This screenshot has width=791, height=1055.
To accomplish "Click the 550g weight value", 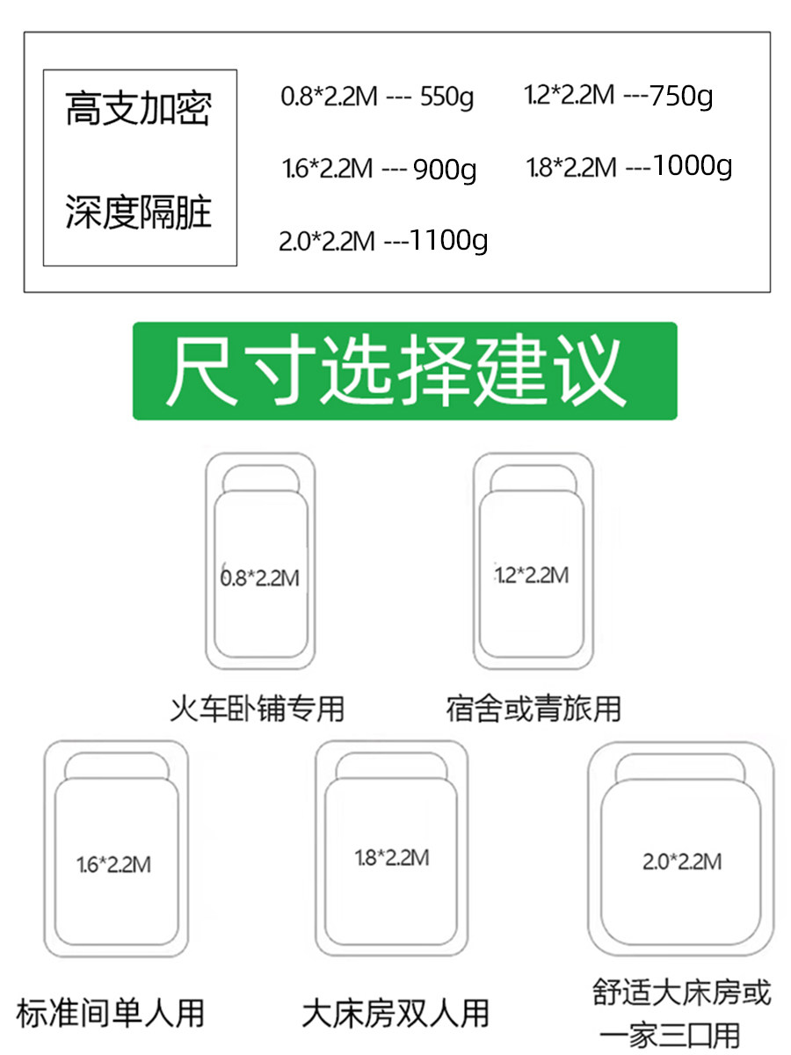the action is pos(446,97).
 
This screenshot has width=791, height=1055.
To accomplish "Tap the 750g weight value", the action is pos(681,95).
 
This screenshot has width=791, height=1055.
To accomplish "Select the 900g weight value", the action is pos(445,169).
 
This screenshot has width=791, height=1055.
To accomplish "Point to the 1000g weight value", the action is pos(693,166).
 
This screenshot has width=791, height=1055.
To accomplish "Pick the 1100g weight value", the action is pos(448,240).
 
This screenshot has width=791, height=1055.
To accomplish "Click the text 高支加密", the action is pos(139,109).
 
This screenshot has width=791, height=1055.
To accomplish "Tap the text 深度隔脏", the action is pos(139,212).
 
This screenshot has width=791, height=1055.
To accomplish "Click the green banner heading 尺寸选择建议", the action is pos(405,371).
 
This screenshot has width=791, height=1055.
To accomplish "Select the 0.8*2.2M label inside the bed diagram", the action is pos(259,578).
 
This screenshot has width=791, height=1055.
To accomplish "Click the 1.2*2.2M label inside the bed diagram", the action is pos(531,576).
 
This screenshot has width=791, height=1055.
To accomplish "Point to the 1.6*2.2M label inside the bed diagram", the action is pos(113,865).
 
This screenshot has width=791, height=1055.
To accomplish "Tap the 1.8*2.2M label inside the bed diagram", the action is pos(392,858).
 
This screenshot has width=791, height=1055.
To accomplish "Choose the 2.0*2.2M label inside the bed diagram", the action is pos(682,862).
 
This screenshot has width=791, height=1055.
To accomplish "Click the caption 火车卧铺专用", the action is pos(258,708).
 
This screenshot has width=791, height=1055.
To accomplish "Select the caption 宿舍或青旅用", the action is pos(533,708).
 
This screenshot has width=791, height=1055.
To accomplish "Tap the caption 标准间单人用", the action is pos(111,1012).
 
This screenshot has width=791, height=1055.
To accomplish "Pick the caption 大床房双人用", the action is pos(395,1012).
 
